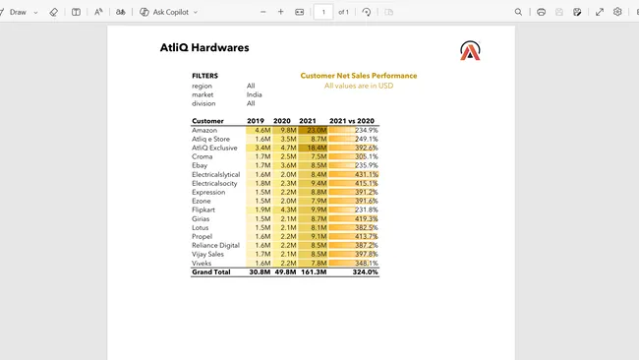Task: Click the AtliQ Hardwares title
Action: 203,48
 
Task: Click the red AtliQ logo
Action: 470,51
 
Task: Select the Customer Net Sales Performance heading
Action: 358,76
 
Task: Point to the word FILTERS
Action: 204,76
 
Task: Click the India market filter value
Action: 254,94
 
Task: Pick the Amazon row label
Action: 204,130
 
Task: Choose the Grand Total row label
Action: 210,271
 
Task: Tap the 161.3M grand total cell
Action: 313,271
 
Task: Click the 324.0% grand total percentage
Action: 365,271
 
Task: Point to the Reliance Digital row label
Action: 215,245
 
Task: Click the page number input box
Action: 323,12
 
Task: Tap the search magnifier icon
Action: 518,12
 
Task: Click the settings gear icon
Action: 617,12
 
